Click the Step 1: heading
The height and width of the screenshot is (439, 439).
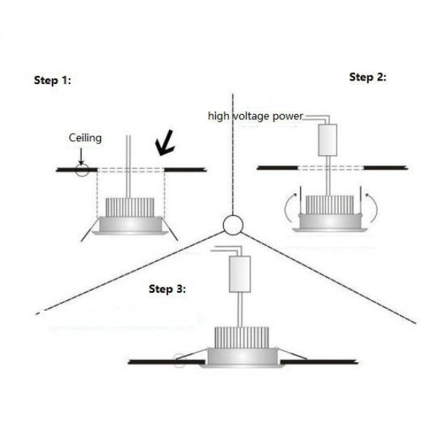tap(53, 80)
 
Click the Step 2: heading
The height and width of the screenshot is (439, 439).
tap(367, 77)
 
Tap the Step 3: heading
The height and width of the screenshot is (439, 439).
tap(167, 289)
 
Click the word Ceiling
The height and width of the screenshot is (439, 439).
tap(85, 138)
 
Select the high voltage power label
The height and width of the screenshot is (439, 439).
tap(255, 116)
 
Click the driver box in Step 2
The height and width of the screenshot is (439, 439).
tap(326, 140)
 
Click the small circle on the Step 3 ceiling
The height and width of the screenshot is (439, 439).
tap(181, 360)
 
